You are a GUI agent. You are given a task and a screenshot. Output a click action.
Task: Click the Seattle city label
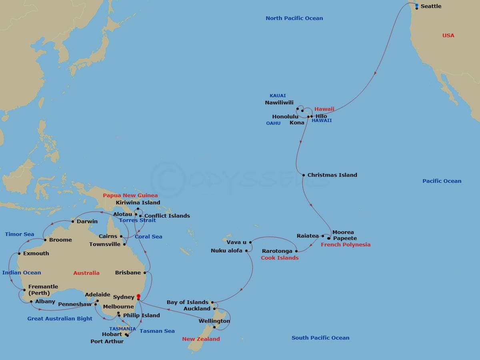[431, 6]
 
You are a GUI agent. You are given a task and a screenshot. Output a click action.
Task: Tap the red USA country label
[448, 36]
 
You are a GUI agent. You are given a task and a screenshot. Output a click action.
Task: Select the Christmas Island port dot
[304, 175]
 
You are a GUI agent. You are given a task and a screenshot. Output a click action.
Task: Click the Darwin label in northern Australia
[87, 222]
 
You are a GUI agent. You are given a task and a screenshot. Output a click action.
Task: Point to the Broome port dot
[45, 240]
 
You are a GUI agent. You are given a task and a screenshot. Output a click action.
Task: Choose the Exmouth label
[36, 254]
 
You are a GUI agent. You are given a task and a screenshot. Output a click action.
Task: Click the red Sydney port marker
[138, 297]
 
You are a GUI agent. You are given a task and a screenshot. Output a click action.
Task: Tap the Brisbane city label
[128, 273]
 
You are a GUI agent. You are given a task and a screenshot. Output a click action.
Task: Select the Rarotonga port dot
[296, 251]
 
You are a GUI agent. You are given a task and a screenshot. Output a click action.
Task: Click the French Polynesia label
[346, 245]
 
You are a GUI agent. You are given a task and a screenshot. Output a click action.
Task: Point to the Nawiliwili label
[279, 103]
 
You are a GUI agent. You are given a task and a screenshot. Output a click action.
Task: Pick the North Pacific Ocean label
[294, 18]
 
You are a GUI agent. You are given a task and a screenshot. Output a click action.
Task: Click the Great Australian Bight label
[60, 319]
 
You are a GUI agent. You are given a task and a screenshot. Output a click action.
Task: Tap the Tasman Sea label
[157, 331]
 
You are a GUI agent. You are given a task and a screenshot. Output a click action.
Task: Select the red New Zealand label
[201, 339]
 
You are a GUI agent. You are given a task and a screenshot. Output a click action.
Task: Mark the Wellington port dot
[215, 327]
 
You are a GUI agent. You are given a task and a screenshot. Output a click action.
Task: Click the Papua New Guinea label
[130, 196]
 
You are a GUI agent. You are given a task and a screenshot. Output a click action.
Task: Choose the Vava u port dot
[250, 242]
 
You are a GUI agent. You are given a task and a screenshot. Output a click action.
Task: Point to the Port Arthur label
[107, 342]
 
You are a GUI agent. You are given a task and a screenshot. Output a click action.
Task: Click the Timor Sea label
[20, 234]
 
